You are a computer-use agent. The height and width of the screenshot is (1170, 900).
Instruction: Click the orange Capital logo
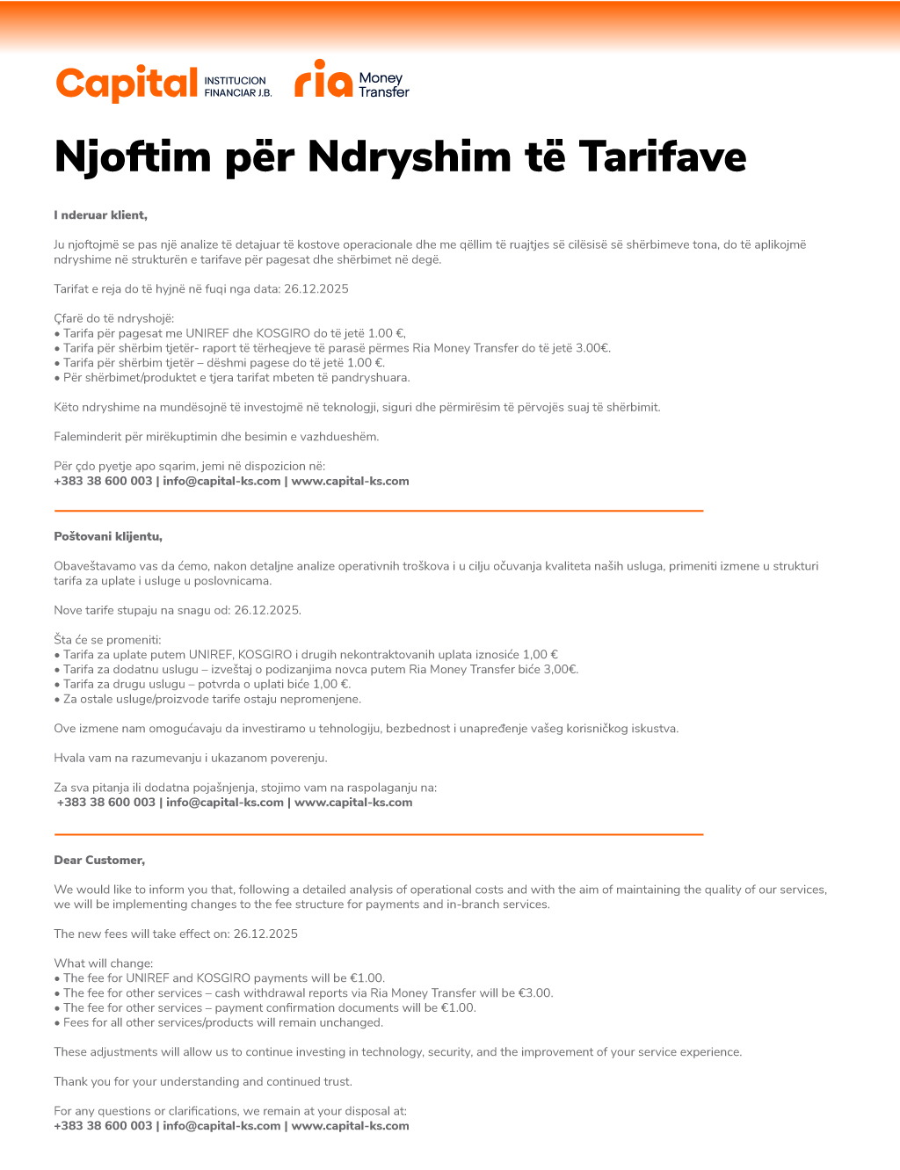127,84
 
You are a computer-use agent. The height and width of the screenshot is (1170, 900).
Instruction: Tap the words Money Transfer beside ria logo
383,85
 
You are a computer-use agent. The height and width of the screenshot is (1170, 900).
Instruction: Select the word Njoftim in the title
133,157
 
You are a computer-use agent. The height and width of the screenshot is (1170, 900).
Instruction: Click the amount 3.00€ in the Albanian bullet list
592,348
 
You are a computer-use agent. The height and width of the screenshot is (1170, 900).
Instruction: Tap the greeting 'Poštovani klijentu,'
108,536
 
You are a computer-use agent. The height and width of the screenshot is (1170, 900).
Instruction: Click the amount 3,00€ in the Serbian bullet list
560,670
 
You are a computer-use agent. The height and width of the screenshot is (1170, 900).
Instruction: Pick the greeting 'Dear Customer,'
99,861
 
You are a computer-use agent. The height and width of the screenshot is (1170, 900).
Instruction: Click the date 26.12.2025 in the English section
265,934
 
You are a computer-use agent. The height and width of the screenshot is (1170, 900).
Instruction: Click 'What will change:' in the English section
104,963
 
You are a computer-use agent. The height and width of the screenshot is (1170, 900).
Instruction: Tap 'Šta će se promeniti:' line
107,640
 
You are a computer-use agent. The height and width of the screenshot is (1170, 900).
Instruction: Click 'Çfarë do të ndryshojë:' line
114,318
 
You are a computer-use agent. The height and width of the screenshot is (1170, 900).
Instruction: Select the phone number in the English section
103,1126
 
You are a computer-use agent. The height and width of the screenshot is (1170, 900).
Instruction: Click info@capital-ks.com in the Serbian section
225,803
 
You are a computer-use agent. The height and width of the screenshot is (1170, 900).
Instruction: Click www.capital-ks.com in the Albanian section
351,482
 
